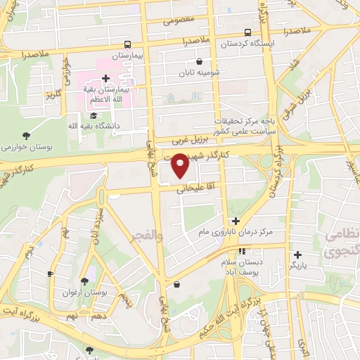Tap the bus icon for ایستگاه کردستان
pyautogui.click(x=247, y=32)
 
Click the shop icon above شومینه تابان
pyautogui.click(x=199, y=61)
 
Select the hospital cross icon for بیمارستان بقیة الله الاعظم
pyautogui.click(x=105, y=78)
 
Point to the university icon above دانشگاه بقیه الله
pyautogui.click(x=94, y=115)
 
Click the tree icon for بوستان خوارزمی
pyautogui.click(x=27, y=135)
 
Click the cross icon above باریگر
pyautogui.click(x=297, y=255)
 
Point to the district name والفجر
pyautogui.click(x=146, y=238)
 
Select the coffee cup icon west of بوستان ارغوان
pyautogui.click(x=50, y=274)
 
